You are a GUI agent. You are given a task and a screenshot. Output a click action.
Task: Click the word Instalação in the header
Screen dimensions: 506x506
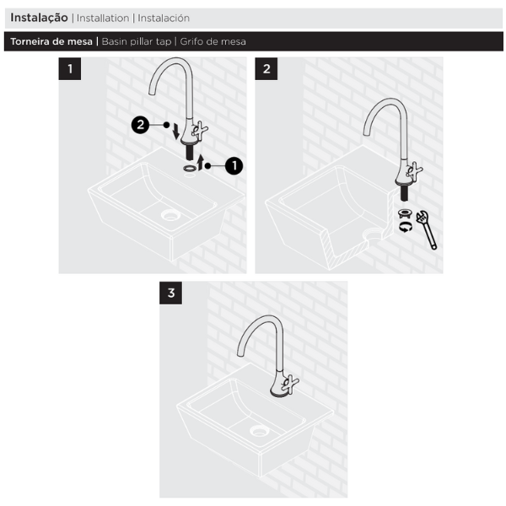tap(39, 18)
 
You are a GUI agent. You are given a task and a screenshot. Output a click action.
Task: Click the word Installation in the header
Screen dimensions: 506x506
tap(103, 18)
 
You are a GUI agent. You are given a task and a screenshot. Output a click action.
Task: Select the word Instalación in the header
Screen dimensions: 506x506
tap(164, 18)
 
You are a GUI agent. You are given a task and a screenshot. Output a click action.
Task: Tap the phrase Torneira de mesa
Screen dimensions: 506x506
tap(51, 41)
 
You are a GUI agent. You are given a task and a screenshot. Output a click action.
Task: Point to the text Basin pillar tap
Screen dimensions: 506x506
tap(137, 41)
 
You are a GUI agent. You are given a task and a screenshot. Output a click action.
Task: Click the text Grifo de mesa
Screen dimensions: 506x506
tap(213, 41)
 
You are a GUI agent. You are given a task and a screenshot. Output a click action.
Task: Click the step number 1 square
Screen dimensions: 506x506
tap(70, 69)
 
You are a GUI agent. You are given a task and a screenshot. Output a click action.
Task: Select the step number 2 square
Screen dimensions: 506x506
tap(266, 69)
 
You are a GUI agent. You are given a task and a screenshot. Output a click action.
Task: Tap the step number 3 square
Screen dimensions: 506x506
tap(170, 293)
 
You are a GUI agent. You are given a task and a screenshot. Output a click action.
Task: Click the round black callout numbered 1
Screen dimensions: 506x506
tap(234, 166)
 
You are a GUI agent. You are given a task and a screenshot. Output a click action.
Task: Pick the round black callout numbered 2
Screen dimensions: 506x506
tap(140, 125)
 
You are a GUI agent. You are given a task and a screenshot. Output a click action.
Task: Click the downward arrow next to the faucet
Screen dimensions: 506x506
tap(176, 132)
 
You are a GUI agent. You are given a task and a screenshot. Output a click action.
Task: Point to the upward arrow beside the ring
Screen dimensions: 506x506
tap(201, 163)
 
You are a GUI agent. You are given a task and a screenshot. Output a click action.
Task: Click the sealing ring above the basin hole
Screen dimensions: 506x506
tap(190, 168)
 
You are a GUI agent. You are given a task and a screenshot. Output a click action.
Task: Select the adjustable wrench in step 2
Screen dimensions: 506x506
tap(427, 230)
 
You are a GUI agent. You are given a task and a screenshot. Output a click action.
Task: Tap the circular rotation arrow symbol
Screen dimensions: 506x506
tap(406, 227)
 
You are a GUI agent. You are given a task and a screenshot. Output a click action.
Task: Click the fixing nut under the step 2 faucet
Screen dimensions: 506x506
tap(405, 213)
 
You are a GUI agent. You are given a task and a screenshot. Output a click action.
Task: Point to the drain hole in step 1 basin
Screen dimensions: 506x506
tap(170, 215)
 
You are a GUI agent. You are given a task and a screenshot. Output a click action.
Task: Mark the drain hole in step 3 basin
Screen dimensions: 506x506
tap(259, 431)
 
